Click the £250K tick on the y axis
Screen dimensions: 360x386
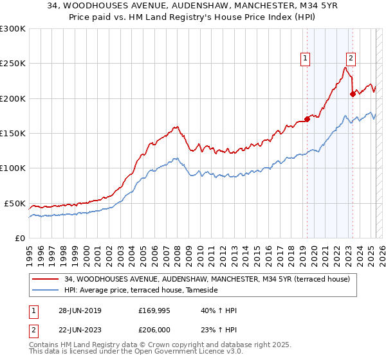[x=12, y=64]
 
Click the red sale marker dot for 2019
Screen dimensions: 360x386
[x=308, y=118]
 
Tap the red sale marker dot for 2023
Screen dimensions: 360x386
[x=353, y=94]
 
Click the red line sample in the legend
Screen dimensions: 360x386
[x=46, y=279]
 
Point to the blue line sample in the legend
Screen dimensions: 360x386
[x=46, y=291]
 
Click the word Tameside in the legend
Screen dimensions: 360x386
[x=203, y=291]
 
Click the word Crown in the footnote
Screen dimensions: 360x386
[x=158, y=346]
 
